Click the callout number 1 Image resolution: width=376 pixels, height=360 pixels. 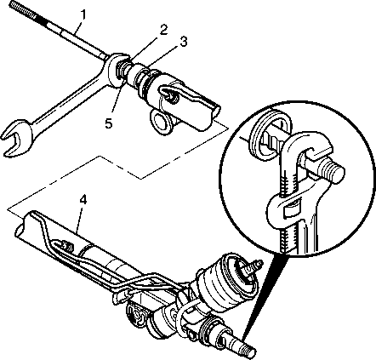(x=83, y=14)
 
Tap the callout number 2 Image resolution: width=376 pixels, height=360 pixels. (x=163, y=29)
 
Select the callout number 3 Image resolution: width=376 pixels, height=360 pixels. (x=183, y=42)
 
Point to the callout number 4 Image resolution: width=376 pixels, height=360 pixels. (x=83, y=200)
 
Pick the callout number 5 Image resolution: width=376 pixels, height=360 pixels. (x=109, y=123)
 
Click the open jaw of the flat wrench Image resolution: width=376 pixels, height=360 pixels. (x=14, y=137)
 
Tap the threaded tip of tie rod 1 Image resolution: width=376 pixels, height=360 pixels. (x=23, y=12)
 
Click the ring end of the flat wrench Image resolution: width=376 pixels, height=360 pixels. (x=116, y=71)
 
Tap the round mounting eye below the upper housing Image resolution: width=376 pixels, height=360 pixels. (x=160, y=123)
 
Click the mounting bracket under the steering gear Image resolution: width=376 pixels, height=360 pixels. (x=138, y=316)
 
